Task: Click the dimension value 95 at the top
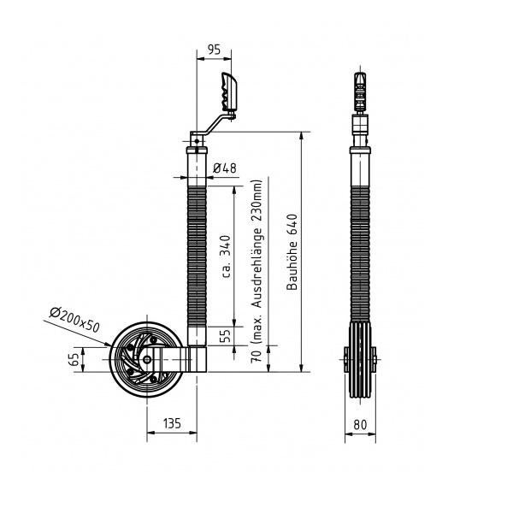(215, 50)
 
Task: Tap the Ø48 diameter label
(224, 168)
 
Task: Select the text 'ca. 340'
(226, 256)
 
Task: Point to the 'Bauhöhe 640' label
(292, 252)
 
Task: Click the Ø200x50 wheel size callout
(74, 320)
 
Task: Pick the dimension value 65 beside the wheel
(74, 359)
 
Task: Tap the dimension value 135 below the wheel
(172, 423)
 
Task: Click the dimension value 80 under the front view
(360, 425)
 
